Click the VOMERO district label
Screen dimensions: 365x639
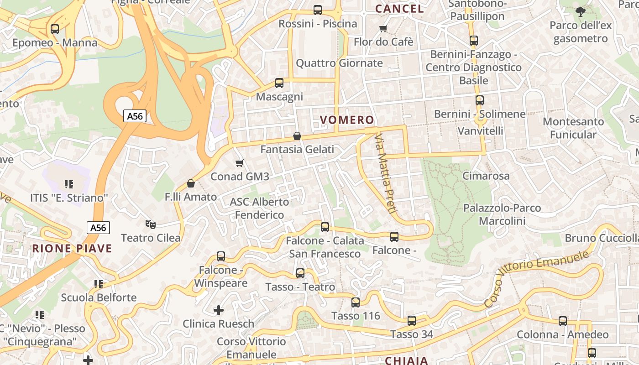347,120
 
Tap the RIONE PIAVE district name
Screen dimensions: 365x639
72,249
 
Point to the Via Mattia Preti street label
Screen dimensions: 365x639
384,173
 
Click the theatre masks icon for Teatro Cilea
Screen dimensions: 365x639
151,224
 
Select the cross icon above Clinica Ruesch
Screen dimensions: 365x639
219,310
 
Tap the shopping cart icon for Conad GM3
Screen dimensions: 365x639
239,163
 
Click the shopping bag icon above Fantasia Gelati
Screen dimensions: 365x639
297,136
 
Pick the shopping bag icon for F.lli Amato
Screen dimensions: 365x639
191,183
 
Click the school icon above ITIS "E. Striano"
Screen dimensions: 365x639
69,184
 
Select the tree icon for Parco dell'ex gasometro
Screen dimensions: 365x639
581,12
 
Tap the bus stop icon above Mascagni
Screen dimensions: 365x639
279,83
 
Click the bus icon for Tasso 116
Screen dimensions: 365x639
356,302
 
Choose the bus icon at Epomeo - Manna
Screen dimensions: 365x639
55,29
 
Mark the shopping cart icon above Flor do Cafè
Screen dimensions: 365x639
383,28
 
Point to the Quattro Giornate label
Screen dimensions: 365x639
339,63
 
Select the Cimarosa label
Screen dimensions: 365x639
486,176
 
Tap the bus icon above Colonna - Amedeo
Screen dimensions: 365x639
563,321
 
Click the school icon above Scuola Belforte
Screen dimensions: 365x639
99,284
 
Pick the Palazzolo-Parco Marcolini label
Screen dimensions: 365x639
502,214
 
